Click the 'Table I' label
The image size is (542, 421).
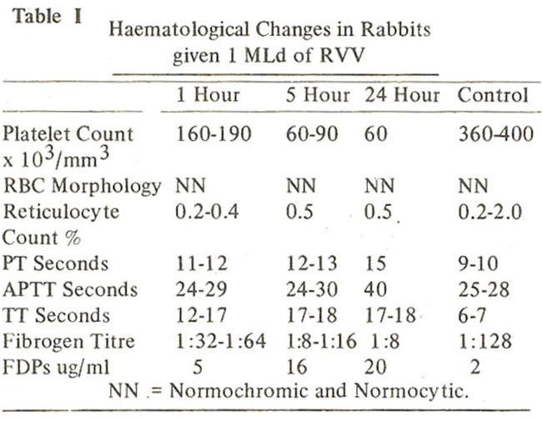48,17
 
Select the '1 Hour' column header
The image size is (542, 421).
208,95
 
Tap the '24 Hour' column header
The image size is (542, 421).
402,95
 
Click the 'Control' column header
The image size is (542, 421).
493,95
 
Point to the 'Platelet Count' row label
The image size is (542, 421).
68,133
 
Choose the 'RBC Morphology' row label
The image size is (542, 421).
82,187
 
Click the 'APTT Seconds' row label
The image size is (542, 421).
70,289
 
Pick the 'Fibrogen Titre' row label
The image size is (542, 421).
68,341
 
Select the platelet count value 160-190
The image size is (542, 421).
213,133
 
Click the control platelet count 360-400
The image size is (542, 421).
496,133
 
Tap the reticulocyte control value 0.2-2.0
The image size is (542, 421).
489,212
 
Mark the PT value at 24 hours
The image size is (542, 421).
375,263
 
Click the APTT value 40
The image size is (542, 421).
375,289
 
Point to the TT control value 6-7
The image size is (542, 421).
472,315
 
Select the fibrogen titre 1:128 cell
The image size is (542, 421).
485,341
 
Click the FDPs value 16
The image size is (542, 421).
297,367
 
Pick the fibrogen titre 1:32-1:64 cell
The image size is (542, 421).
221,341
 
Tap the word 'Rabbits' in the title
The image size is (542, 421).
396,29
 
